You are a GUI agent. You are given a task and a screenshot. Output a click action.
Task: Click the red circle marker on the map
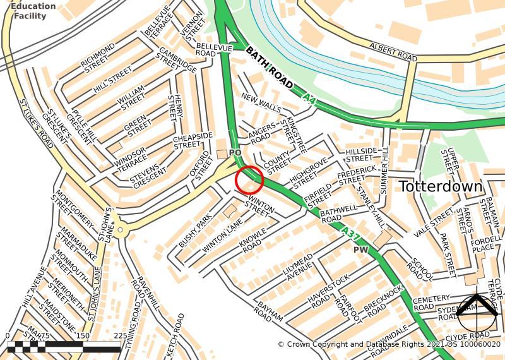point(249,180)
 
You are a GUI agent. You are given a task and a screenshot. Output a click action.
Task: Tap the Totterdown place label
point(441,187)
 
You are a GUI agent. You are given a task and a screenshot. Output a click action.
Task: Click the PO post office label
point(235,153)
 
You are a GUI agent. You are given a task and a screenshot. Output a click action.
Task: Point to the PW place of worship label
point(360,250)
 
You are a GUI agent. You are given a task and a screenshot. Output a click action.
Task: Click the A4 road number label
point(308,99)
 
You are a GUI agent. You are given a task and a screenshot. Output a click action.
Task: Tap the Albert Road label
point(394,54)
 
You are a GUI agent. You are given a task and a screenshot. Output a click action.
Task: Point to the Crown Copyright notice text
point(389,344)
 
